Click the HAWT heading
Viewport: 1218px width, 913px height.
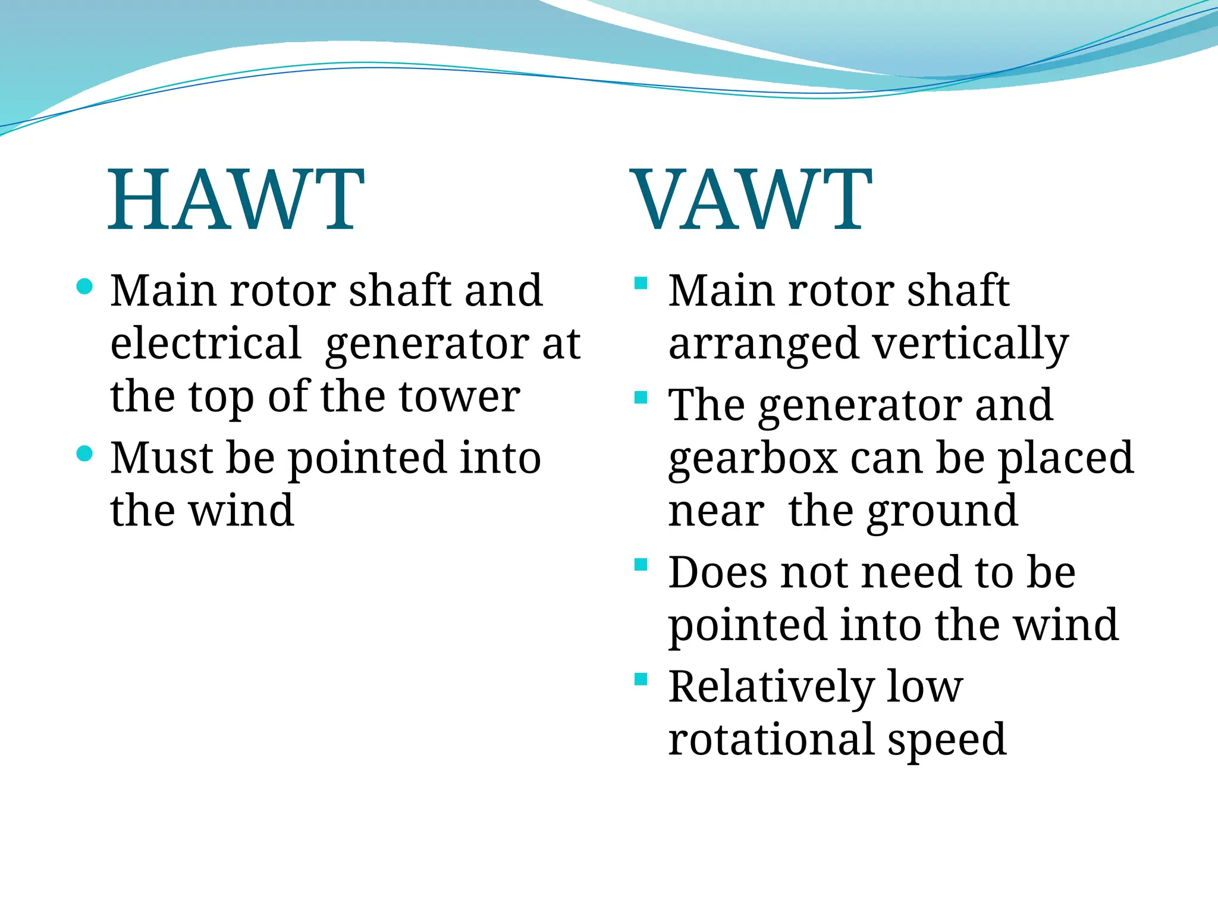[x=236, y=200]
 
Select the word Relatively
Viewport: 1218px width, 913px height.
[x=771, y=687]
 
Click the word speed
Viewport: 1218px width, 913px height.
[x=947, y=740]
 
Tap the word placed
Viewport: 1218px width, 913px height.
[x=1065, y=459]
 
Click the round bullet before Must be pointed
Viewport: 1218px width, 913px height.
[x=85, y=454]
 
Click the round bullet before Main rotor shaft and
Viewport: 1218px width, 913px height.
[x=85, y=287]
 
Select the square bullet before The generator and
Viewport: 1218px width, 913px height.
[x=641, y=397]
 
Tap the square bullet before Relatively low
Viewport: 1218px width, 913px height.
[x=641, y=679]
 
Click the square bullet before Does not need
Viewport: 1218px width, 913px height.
[x=641, y=564]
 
